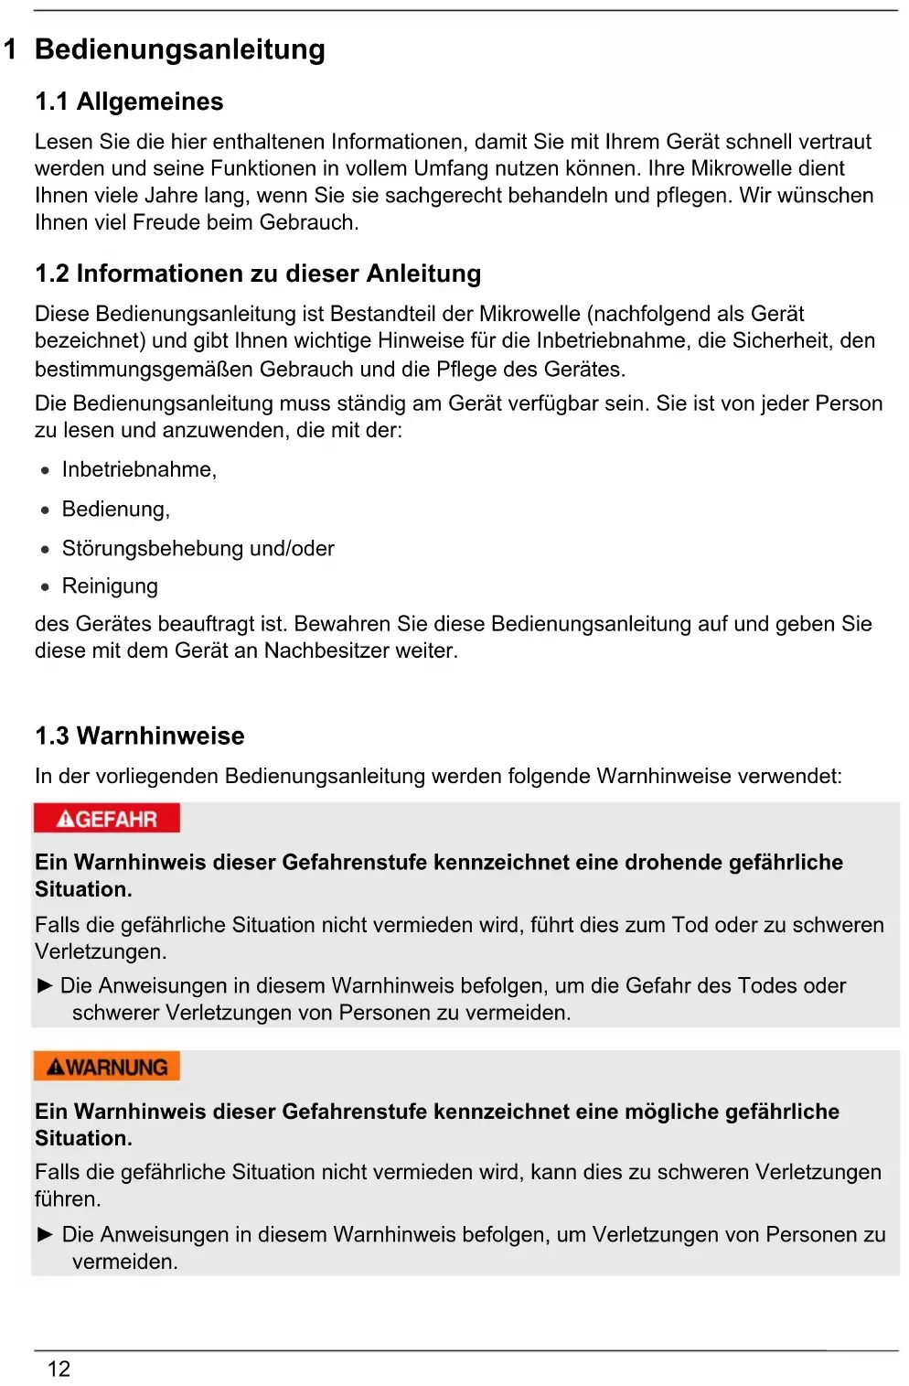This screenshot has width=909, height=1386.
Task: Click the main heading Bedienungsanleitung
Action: click(x=179, y=49)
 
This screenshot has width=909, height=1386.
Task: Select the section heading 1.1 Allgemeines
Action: click(x=129, y=102)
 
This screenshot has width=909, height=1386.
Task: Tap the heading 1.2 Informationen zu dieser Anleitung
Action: click(x=258, y=274)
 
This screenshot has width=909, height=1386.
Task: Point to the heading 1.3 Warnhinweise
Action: click(x=140, y=736)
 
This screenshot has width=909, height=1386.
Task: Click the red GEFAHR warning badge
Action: click(x=107, y=819)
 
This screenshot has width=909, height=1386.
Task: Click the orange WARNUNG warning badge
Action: click(x=107, y=1067)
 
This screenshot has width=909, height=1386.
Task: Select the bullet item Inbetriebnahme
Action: click(x=139, y=469)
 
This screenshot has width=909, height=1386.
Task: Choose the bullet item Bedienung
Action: click(x=116, y=509)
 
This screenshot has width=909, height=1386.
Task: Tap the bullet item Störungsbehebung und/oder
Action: click(x=198, y=548)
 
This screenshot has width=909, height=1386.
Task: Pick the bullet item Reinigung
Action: click(x=110, y=586)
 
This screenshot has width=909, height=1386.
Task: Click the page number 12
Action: click(x=59, y=1369)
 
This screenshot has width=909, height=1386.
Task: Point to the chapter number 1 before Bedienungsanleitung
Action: click(x=10, y=49)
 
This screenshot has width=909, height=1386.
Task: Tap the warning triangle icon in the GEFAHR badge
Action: click(x=65, y=820)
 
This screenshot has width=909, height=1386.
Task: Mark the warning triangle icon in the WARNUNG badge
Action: click(x=56, y=1068)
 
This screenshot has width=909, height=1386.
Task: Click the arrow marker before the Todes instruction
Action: click(x=45, y=985)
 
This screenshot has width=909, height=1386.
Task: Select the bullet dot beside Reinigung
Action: click(x=45, y=587)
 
